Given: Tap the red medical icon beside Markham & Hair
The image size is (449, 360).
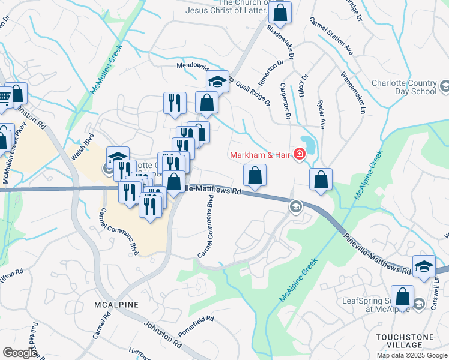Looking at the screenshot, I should click(299, 155).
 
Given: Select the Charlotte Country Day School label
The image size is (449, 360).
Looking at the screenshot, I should click(412, 88).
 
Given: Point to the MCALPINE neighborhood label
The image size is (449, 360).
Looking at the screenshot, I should click(116, 305).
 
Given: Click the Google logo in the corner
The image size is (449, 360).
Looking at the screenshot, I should click(20, 353).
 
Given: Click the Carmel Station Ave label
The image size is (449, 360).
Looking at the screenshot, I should click(331, 37).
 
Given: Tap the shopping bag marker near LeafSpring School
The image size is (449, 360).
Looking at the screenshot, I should click(403, 296).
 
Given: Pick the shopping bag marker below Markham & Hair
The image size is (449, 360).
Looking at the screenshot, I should click(255, 175).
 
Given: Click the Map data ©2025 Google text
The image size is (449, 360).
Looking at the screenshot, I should click(412, 355).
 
